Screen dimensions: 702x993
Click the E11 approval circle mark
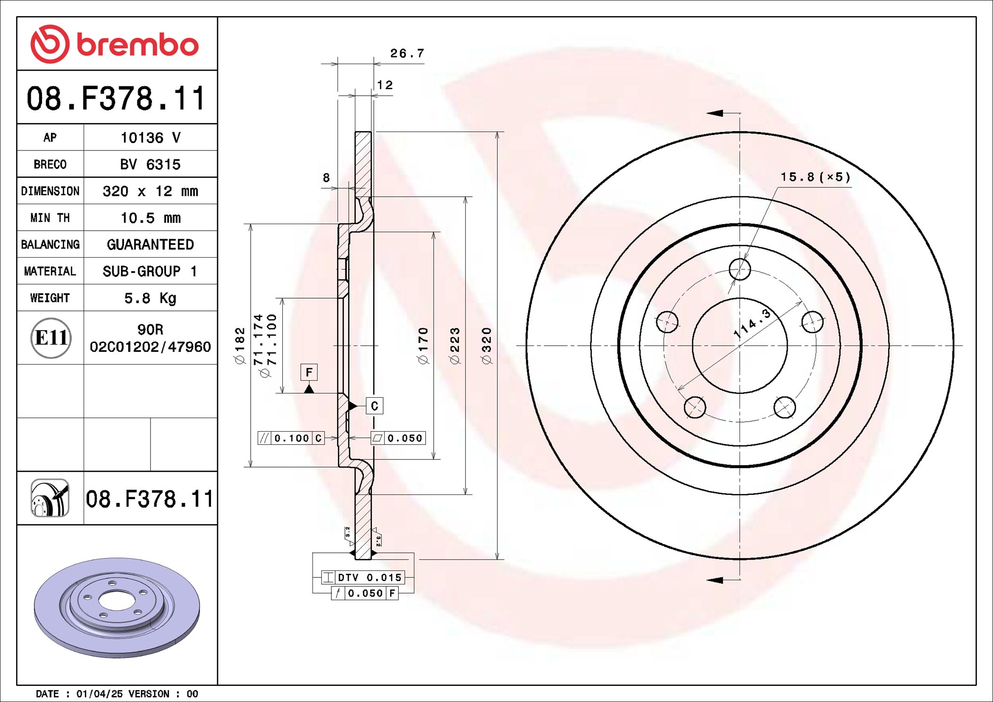click(51, 338)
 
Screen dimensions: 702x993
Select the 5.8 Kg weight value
click(150, 298)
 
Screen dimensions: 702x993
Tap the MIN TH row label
click(50, 218)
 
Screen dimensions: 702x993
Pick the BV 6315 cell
click(150, 164)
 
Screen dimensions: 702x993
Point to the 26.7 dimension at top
click(407, 53)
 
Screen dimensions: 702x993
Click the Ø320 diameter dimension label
click(487, 346)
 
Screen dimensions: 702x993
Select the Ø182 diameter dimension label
click(240, 346)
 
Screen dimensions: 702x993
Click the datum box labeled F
click(309, 372)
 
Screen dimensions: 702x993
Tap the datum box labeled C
click(374, 406)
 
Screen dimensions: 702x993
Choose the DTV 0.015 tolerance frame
click(363, 577)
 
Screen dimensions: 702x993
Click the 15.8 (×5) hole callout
click(815, 177)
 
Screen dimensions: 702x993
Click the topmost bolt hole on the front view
click(740, 269)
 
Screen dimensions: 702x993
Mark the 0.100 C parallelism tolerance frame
click(291, 438)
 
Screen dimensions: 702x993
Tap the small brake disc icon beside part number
click(50, 498)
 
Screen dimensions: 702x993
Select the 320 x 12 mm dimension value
click(150, 191)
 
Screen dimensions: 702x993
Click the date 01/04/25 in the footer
click(99, 694)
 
